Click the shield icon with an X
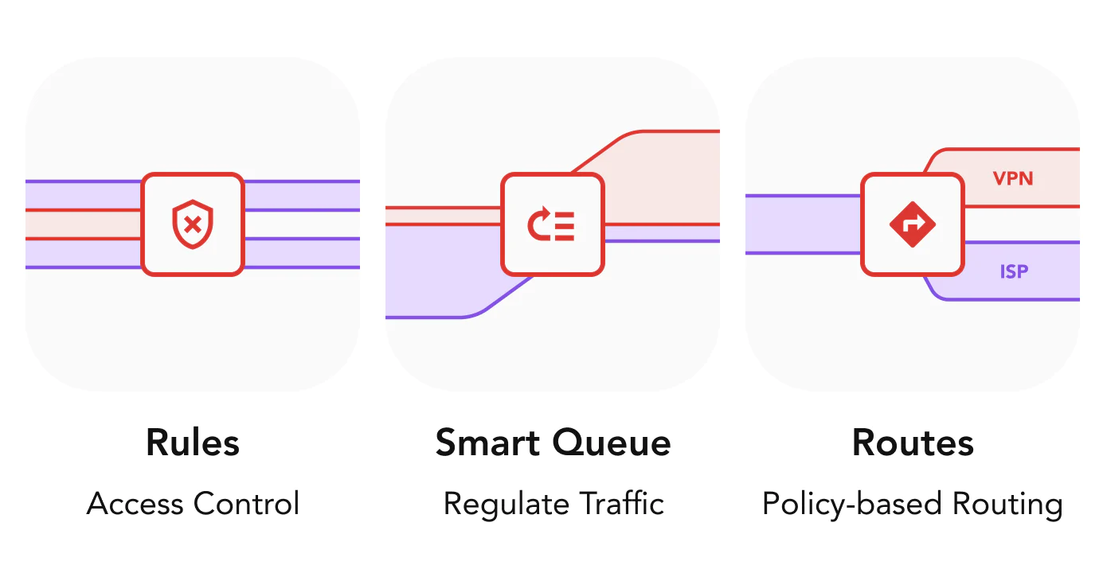point(193,224)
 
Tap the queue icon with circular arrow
point(552,224)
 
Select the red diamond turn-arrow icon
point(913,224)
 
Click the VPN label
point(1013,178)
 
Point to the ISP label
point(1014,271)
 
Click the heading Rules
point(193,442)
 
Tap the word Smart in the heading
point(487,442)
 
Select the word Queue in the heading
point(612,443)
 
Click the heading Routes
point(913,442)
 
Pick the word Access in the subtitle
point(135,504)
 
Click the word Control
point(247,503)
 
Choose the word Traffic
point(622,503)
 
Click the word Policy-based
point(852,505)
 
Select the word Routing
point(1007,505)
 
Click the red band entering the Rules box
point(84,224)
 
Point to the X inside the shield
point(193,224)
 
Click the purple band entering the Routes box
point(803,224)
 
